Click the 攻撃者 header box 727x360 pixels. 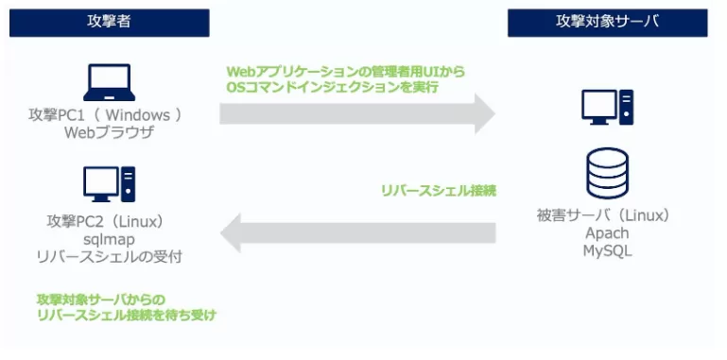110,23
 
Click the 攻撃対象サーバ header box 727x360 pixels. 607,23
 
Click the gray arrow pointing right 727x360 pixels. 357,114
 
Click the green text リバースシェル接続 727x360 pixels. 438,190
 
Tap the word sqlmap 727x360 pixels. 111,239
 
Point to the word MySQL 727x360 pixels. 607,250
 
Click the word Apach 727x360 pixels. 607,233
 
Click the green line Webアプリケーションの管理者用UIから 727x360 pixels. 346,71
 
